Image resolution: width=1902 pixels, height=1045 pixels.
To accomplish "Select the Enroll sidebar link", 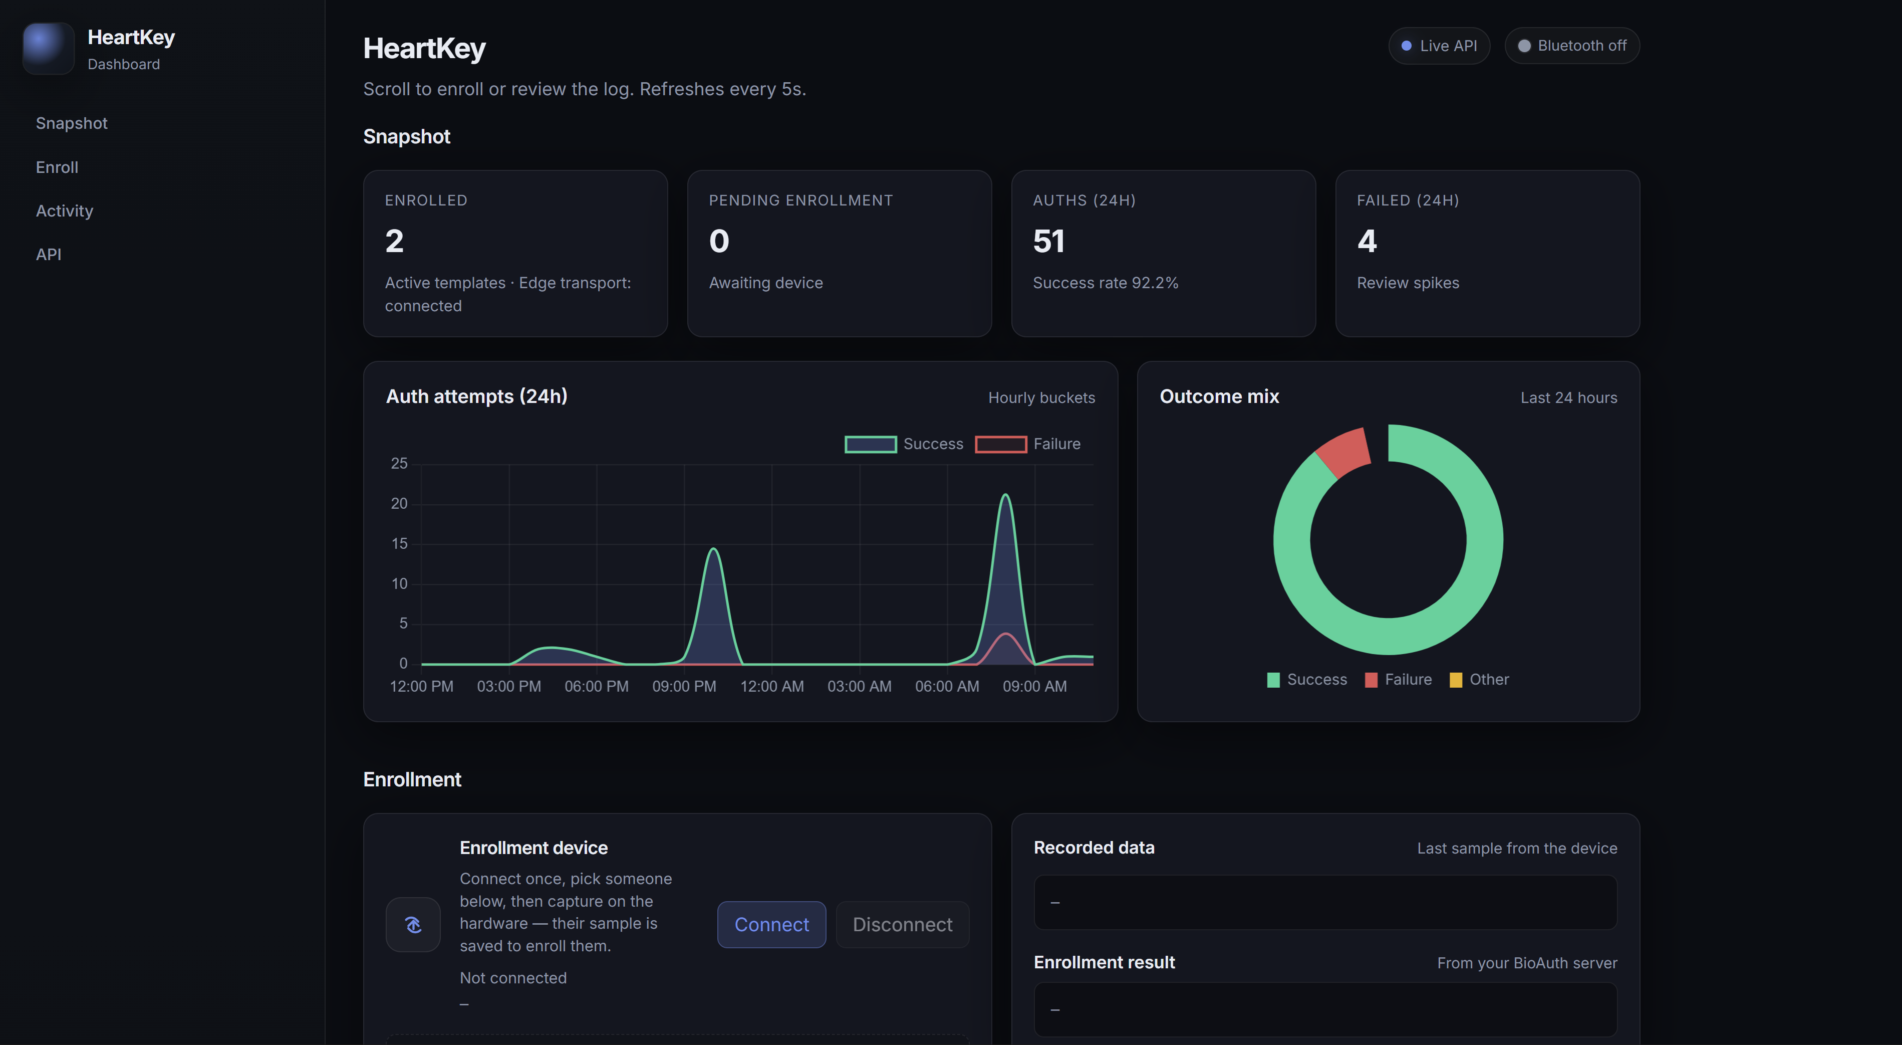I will [57, 167].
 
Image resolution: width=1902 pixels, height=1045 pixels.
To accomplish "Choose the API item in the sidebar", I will [49, 254].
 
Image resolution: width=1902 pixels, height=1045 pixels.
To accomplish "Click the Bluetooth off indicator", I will [1571, 46].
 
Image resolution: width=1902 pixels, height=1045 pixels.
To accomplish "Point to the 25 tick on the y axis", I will [399, 463].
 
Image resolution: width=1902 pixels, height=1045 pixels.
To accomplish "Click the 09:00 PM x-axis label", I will [684, 686].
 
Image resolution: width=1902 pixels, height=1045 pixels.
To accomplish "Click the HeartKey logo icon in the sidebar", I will [48, 48].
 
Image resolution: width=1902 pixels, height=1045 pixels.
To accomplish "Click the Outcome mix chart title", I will [1219, 396].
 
